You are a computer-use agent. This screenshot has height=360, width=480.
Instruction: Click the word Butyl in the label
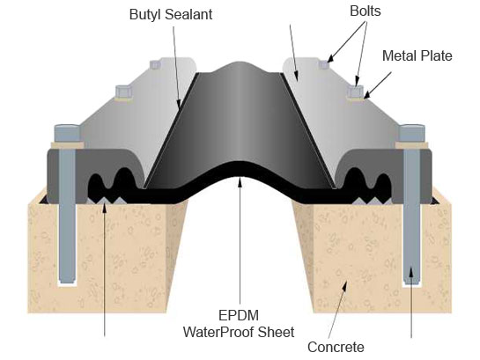tap(145, 15)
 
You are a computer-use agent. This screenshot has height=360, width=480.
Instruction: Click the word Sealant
tap(188, 14)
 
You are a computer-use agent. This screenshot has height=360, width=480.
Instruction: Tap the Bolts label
tap(366, 11)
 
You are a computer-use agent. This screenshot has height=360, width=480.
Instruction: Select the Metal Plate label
tap(417, 55)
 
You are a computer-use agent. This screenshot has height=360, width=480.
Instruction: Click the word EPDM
tap(239, 315)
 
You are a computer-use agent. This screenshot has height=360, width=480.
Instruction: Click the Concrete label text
tap(336, 347)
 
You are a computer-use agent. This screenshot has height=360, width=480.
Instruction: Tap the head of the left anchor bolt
tap(67, 133)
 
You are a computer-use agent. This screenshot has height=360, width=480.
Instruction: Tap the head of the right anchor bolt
tap(412, 133)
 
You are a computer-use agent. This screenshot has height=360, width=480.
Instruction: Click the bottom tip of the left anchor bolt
tap(67, 282)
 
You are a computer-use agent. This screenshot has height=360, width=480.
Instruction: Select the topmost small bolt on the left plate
tap(155, 64)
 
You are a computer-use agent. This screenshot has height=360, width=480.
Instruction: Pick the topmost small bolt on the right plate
tap(323, 64)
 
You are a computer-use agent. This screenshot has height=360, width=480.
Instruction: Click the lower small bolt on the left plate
tap(124, 92)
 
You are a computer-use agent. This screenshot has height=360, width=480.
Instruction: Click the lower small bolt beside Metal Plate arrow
tap(356, 92)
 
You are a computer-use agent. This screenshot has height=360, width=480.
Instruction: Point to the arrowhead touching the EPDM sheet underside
tap(240, 182)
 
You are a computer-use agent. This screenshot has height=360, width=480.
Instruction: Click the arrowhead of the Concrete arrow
tap(345, 286)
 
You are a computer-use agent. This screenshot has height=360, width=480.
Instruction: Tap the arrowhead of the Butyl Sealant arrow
tap(180, 105)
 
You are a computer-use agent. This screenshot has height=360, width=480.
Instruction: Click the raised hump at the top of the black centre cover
tap(240, 65)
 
